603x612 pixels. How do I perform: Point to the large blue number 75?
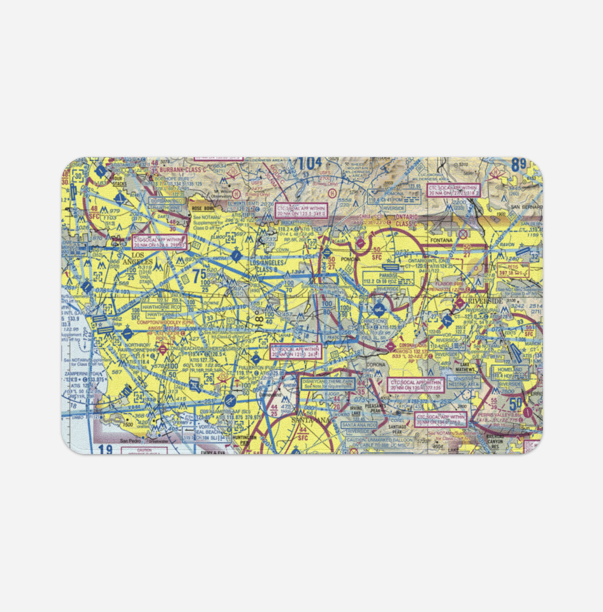pos(199,274)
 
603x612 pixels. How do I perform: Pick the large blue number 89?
pos(518,165)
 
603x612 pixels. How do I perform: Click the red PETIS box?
pos(513,270)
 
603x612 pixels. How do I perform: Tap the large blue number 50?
pos(516,403)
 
